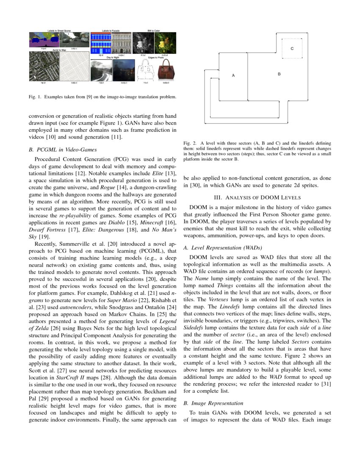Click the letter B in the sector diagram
tap(279, 74)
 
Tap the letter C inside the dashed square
tap(292, 49)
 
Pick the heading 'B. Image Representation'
tap(213, 403)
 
